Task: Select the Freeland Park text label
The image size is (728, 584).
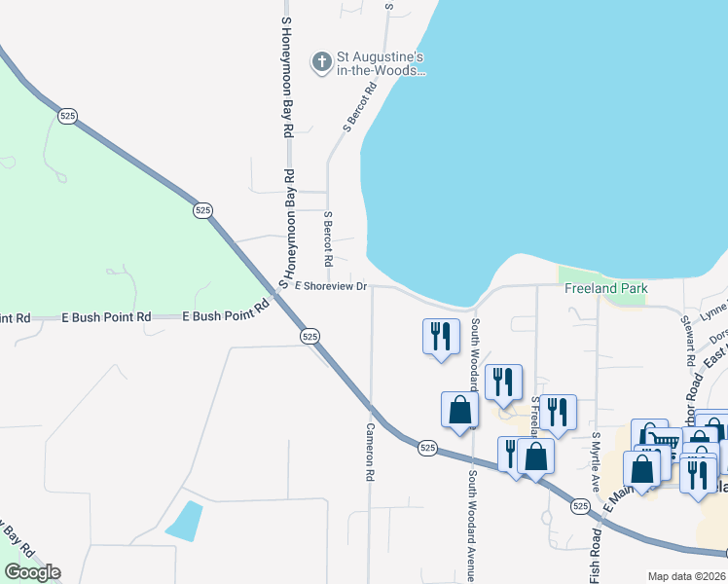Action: click(605, 289)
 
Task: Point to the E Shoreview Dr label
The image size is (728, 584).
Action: click(331, 286)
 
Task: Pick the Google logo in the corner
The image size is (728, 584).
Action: click(32, 572)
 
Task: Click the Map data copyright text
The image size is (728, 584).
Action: click(686, 576)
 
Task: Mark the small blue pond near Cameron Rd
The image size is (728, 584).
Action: click(185, 521)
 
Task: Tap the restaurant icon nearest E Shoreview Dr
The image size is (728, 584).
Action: click(441, 337)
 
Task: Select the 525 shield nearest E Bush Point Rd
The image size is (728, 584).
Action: click(309, 336)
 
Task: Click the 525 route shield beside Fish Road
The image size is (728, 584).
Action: click(580, 506)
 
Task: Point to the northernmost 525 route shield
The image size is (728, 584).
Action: click(67, 116)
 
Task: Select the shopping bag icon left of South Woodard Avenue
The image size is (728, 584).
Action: click(459, 411)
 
